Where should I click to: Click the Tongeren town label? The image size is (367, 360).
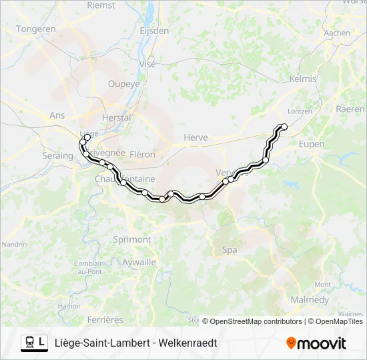[x=36, y=29]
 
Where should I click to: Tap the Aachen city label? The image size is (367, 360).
[x=336, y=33]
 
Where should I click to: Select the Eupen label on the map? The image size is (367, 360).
[x=312, y=144]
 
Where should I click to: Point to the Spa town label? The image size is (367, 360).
[x=229, y=250]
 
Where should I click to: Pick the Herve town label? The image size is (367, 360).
[x=196, y=138]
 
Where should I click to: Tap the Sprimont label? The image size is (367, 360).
[x=131, y=239]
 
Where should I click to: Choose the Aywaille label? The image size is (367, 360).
[x=139, y=263]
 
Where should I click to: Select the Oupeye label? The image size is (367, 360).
[x=124, y=84]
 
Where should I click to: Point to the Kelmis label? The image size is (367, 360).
[x=302, y=79]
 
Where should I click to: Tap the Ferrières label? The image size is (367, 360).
[x=105, y=320]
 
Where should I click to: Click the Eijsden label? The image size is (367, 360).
[x=154, y=31]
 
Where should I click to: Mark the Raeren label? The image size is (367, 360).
[x=350, y=109]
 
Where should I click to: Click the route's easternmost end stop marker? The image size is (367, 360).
[x=284, y=127]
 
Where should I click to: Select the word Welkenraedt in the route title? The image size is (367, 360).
[x=188, y=343]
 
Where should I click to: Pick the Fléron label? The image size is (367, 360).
[x=142, y=155]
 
